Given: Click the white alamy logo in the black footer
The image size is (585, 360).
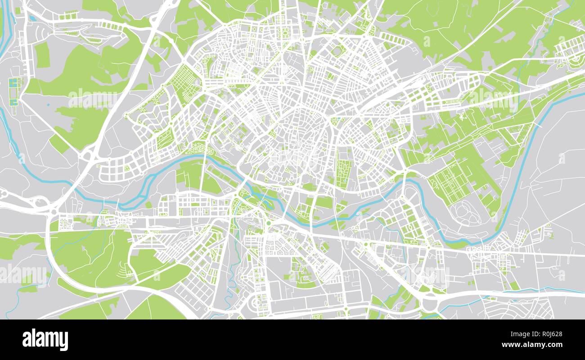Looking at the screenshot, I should coord(45,340).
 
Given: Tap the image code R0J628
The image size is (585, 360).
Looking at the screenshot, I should coord(546,334).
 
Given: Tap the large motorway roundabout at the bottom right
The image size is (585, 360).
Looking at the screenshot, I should coord(431,301).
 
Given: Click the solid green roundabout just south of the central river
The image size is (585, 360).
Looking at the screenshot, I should coord(269,223).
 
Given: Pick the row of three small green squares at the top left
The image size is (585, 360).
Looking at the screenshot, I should coord(67,17).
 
